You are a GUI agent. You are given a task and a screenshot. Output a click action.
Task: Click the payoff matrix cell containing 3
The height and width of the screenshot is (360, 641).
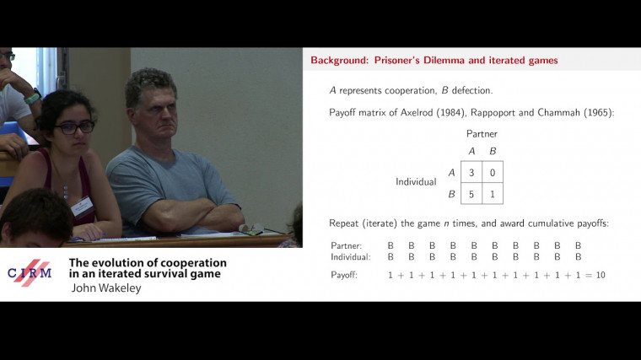pos(471,172)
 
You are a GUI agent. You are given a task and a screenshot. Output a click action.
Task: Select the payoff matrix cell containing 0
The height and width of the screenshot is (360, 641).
pos(493,172)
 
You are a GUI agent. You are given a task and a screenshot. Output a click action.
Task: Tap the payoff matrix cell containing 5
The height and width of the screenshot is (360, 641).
pos(471,193)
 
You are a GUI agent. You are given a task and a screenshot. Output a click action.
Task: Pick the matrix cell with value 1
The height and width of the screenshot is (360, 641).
pos(493,193)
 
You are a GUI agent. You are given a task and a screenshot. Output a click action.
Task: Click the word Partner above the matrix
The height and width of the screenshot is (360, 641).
pos(482,133)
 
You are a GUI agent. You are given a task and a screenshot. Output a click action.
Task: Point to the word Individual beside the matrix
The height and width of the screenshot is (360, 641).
pos(416,182)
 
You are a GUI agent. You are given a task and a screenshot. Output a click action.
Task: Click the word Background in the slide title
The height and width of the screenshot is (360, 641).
pos(337,61)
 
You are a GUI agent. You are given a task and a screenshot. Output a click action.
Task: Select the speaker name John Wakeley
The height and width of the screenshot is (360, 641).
pos(106,287)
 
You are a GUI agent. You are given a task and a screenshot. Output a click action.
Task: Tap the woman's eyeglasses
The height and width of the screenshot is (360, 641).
pos(74,127)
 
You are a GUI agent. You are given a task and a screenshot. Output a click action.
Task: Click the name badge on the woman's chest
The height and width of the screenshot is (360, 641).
pos(81,204)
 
